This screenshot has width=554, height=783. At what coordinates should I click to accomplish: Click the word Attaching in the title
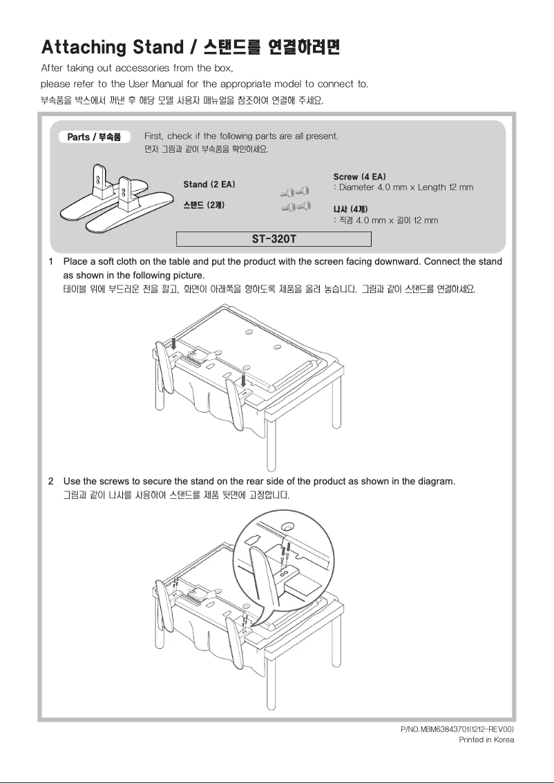click(84, 48)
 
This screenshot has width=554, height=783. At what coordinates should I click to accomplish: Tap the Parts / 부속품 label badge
click(94, 137)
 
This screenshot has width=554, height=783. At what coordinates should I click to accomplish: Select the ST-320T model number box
click(274, 239)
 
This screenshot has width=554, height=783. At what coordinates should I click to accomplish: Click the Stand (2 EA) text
click(209, 185)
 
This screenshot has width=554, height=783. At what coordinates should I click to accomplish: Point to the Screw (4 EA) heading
click(359, 177)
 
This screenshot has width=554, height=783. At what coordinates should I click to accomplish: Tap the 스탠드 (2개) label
click(203, 205)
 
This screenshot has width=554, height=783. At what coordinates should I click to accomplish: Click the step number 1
click(51, 262)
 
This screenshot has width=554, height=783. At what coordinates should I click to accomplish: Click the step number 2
click(51, 481)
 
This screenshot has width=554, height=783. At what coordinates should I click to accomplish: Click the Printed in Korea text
click(486, 739)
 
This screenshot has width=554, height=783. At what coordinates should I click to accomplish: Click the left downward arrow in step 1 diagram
click(174, 343)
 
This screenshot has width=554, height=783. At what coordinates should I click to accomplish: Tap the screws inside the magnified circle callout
click(284, 552)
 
